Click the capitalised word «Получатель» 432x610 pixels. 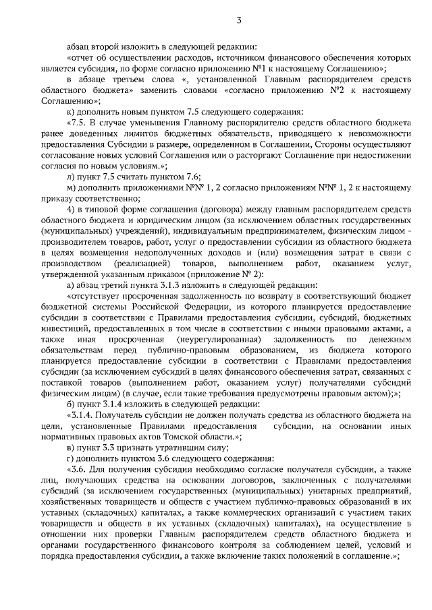pyautogui.click(x=122, y=414)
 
